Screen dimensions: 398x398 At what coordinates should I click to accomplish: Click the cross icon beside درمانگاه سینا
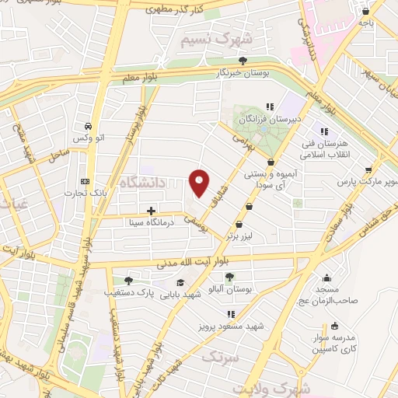point(151,211)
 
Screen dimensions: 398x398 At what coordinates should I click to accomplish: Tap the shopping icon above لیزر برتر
point(249,207)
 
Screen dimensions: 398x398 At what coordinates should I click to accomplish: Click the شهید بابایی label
point(178,295)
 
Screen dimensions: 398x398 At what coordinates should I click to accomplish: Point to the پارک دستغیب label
point(127,294)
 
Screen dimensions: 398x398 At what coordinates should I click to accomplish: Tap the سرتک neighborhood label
point(220,358)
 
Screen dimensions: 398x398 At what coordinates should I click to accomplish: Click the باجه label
point(366,23)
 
